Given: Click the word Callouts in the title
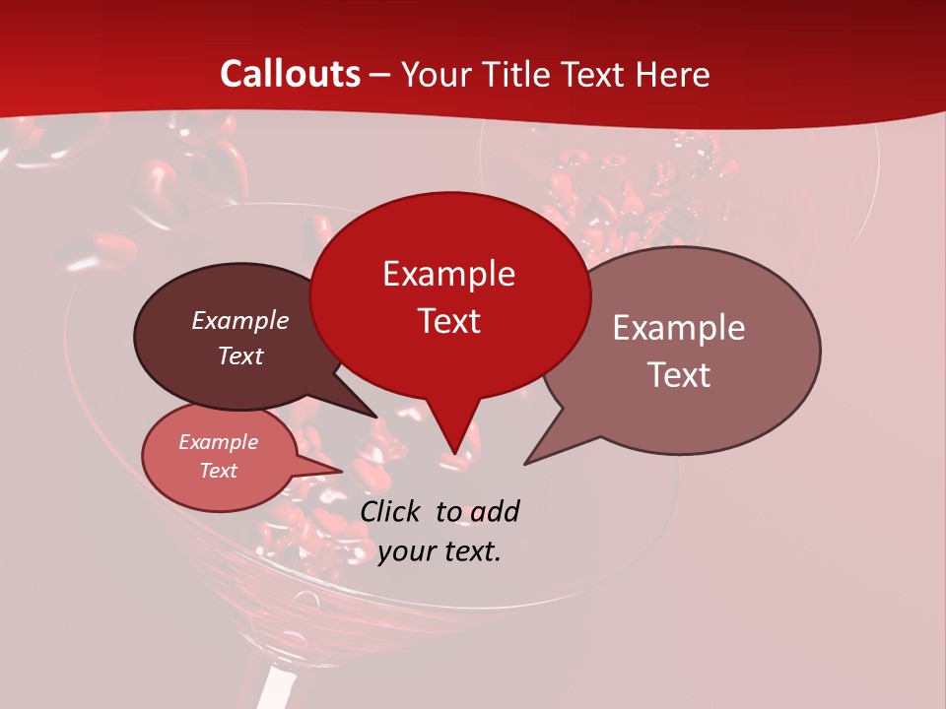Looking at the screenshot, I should (x=291, y=74).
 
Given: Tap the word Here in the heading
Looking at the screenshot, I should (x=675, y=75).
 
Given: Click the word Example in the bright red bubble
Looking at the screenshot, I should (x=448, y=274).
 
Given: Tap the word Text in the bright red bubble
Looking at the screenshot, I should (x=448, y=321).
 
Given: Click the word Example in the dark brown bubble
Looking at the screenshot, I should (x=240, y=320).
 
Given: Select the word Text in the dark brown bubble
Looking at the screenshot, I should (x=240, y=355).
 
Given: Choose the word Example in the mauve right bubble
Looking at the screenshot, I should (x=679, y=328).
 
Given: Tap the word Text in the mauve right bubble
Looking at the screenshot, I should (x=679, y=374).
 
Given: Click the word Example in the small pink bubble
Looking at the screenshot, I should (x=219, y=442).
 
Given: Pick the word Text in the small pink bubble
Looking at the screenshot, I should (x=219, y=471).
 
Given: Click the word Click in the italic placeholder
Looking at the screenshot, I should (x=391, y=511).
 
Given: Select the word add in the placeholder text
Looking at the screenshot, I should (x=495, y=511).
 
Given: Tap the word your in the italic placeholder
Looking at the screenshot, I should (x=405, y=551).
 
